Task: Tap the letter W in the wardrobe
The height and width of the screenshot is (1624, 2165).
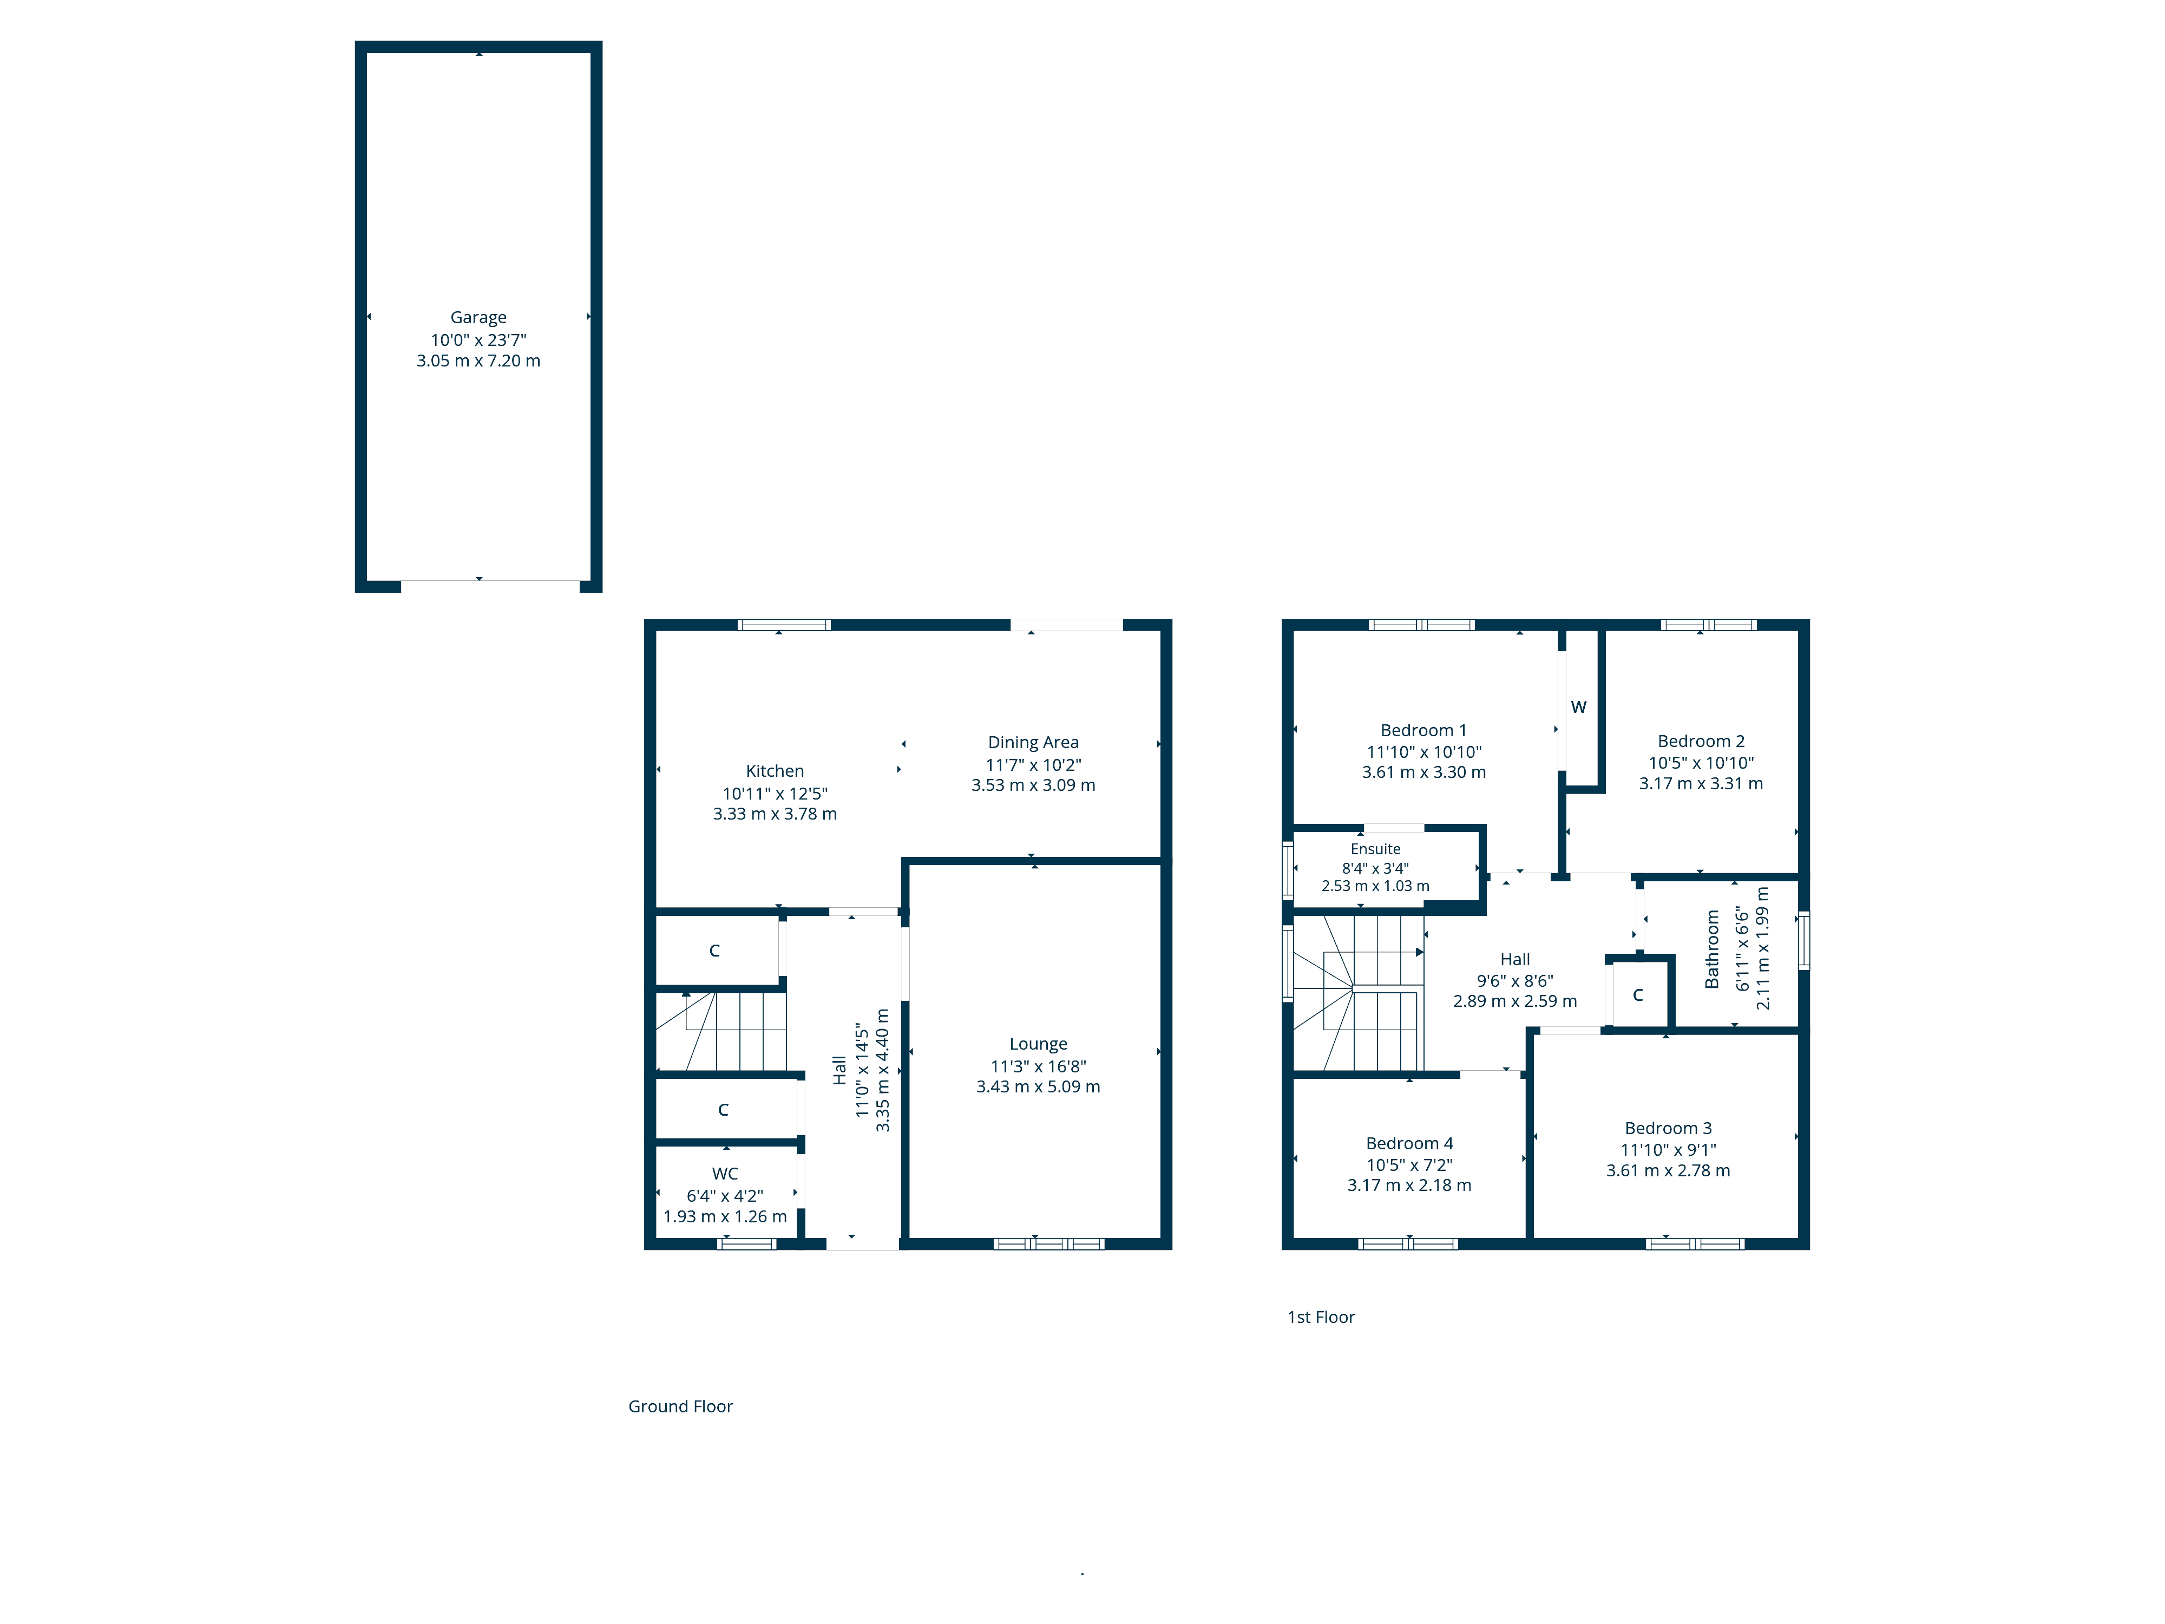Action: tap(1579, 707)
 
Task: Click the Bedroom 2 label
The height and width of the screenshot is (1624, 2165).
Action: tap(1701, 741)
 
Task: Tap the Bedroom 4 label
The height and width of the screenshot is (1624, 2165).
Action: tap(1409, 1143)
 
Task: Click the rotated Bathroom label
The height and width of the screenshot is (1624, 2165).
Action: tap(1712, 949)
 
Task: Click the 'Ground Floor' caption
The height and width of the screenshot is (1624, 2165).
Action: tap(680, 1407)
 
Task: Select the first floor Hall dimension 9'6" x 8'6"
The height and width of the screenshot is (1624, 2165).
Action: tap(1515, 981)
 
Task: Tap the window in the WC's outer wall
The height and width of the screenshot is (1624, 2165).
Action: tap(747, 1244)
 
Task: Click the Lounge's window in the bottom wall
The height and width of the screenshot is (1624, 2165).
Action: tap(1048, 1244)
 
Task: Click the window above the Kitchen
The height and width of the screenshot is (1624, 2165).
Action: tap(784, 625)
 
